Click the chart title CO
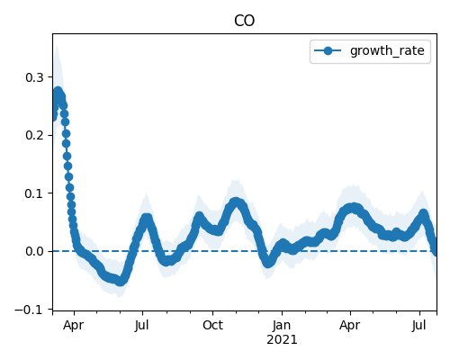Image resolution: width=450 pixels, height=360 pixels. point(244,21)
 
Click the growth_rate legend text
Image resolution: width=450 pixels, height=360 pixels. point(387,50)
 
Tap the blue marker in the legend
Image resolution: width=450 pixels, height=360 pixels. point(328,51)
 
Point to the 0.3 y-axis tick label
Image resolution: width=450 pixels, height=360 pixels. point(34,77)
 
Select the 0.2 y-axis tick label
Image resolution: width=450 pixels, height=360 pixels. point(34,135)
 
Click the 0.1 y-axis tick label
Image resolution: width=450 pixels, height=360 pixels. point(34,193)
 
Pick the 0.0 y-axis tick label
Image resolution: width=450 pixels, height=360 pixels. point(34,251)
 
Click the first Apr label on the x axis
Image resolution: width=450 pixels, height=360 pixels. point(74,325)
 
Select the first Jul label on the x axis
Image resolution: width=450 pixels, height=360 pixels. point(141,325)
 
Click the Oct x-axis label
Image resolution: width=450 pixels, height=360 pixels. point(212,325)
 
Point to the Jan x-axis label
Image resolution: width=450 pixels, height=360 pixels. point(282,325)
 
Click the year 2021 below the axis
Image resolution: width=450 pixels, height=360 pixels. point(282,340)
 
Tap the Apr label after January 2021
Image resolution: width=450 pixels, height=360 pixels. point(350,325)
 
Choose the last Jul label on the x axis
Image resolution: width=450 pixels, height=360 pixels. point(418,325)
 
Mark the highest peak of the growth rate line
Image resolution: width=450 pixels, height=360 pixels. point(58,91)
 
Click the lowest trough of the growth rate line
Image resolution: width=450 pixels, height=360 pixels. point(120,282)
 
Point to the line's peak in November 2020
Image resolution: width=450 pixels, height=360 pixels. point(236,202)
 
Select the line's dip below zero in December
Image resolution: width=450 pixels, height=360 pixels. point(268,264)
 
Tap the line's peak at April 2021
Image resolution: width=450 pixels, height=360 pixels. point(354,207)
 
